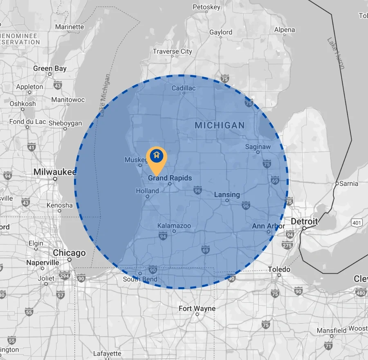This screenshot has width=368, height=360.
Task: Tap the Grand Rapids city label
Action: [x=170, y=178]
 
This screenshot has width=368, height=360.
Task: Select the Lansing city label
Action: [x=227, y=195]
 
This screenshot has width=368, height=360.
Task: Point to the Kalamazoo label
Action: [x=174, y=226]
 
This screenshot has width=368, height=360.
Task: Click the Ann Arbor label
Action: [x=269, y=226]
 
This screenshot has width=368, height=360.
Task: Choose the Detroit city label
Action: [x=304, y=221]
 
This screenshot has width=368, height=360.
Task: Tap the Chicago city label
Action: [x=69, y=253]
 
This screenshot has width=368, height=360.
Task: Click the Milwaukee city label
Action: [x=55, y=172]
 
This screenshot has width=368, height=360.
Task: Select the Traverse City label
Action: [x=172, y=52]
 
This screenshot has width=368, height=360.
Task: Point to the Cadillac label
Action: [x=184, y=88]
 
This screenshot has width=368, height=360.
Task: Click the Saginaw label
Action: [x=258, y=147]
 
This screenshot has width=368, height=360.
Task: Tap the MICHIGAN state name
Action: [x=220, y=125]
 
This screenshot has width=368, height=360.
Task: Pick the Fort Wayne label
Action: [x=197, y=308]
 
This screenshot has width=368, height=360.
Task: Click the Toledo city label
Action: [x=279, y=269]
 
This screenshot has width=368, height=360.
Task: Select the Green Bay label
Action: [x=50, y=68]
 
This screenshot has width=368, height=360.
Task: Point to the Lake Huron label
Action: [x=336, y=53]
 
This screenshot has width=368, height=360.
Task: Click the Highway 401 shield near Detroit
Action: [x=356, y=223]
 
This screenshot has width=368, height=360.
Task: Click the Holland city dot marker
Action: [x=147, y=196]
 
